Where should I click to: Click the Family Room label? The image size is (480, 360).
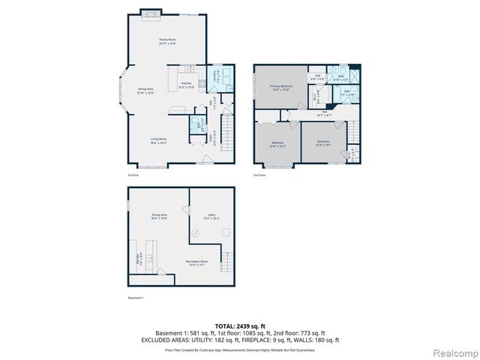(x=166, y=41)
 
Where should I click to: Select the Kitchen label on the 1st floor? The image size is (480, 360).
(x=186, y=85)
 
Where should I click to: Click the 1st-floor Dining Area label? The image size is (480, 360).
(x=146, y=91)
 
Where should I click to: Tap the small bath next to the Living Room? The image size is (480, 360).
(x=197, y=124)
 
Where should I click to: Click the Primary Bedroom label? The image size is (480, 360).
(x=281, y=88)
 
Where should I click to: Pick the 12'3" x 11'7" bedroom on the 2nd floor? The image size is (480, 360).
(x=323, y=142)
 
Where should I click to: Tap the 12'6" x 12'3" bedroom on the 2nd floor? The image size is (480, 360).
(x=277, y=144)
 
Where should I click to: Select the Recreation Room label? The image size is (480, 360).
(x=198, y=262)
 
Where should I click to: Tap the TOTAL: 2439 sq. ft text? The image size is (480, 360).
(x=240, y=325)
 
